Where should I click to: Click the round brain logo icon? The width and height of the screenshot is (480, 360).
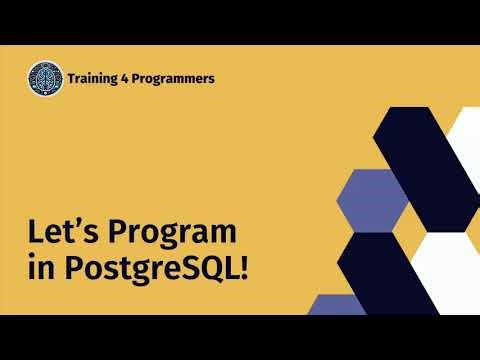(45, 77)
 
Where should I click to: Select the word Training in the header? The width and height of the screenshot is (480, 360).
(97, 78)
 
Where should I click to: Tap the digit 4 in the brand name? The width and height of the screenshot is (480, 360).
(136, 78)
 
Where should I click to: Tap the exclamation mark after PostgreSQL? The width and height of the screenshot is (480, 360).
(242, 270)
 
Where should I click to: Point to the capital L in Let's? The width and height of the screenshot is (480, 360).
(34, 233)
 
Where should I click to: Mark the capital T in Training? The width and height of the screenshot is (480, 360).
(71, 78)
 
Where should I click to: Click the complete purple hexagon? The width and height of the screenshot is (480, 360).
(367, 200)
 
